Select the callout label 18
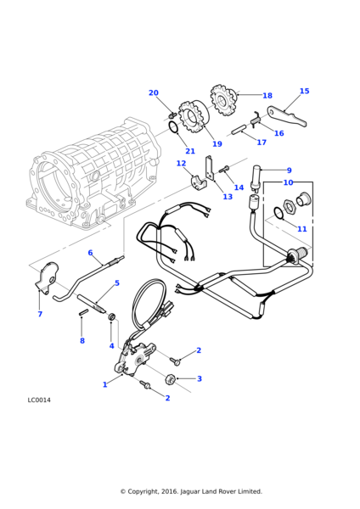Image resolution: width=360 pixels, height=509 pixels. click(267, 96)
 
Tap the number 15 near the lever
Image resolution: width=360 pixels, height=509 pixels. click(304, 91)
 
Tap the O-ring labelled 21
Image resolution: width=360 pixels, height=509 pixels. click(173, 128)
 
